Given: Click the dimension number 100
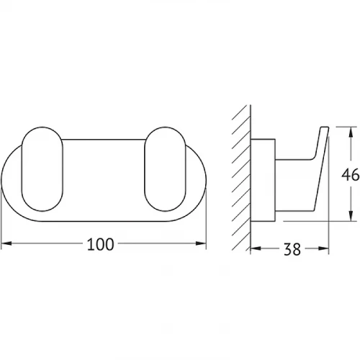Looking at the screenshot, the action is click(100, 244).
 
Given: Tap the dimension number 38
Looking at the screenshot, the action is click(292, 249).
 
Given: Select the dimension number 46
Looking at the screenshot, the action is click(351, 174).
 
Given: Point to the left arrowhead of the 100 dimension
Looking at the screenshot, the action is click(6, 243).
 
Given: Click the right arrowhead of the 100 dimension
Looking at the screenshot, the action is click(201, 243).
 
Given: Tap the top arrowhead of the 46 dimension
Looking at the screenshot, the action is click(351, 132).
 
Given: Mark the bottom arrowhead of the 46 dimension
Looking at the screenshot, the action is click(351, 216).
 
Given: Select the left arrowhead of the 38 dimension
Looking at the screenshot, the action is click(256, 248).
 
